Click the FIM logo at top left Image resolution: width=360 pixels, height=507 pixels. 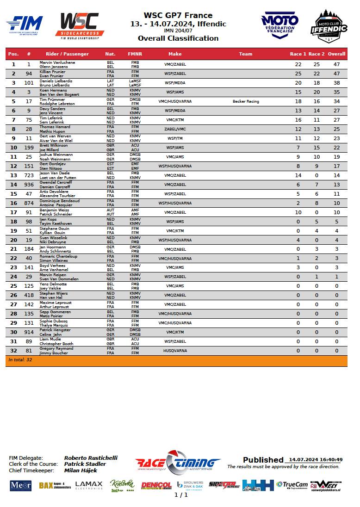pyautogui.click(x=25, y=24)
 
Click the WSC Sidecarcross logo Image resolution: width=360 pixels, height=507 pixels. pyautogui.click(x=80, y=26)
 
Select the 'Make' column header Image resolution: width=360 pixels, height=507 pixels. pyautogui.click(x=175, y=54)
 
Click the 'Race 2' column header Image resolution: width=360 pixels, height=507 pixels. pyautogui.click(x=317, y=54)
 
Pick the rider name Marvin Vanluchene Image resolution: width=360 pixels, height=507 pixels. pyautogui.click(x=57, y=62)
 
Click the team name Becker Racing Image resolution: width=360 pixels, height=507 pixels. pyautogui.click(x=246, y=101)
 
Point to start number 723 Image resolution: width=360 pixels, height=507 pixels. pyautogui.click(x=29, y=175)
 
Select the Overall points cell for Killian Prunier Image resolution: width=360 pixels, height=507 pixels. pyautogui.click(x=336, y=74)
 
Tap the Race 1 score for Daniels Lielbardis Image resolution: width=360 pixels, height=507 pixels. pyautogui.click(x=298, y=83)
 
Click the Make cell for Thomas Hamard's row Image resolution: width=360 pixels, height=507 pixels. pyautogui.click(x=175, y=129)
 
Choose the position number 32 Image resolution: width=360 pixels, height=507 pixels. pyautogui.click(x=13, y=351)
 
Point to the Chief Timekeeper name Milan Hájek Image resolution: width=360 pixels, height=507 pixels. pyautogui.click(x=80, y=470)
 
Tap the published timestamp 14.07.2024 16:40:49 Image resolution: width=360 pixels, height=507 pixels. pyautogui.click(x=314, y=460)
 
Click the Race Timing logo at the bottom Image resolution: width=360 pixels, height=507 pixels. pyautogui.click(x=178, y=462)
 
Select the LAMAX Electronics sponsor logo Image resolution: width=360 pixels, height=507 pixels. pyautogui.click(x=89, y=485)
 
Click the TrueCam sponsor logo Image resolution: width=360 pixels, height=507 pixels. pyautogui.click(x=292, y=485)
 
